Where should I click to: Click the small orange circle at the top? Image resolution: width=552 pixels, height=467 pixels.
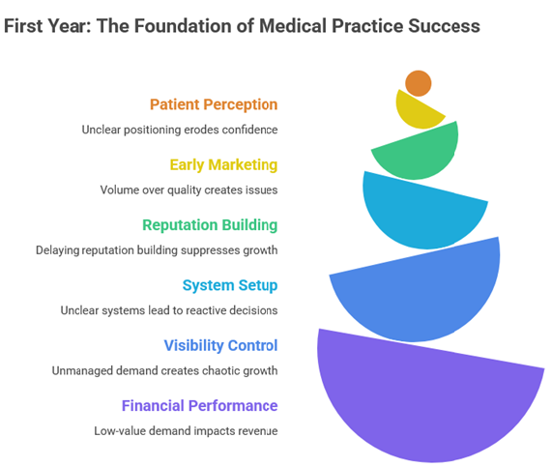(x=419, y=83)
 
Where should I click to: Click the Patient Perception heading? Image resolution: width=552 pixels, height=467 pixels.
(x=214, y=104)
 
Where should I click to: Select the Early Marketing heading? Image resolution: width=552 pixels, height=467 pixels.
(x=223, y=164)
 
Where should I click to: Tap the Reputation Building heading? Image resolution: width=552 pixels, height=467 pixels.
(x=210, y=225)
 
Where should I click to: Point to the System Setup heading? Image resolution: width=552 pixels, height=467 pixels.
(x=230, y=285)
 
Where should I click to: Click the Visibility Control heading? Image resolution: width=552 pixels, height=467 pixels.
(x=220, y=345)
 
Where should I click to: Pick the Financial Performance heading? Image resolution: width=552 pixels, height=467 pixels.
(x=199, y=405)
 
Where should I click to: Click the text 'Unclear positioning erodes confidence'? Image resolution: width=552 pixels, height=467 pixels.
(x=180, y=130)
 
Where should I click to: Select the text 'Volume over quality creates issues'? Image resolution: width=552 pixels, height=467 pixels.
(x=189, y=190)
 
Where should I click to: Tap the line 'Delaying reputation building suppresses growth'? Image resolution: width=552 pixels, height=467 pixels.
(x=157, y=249)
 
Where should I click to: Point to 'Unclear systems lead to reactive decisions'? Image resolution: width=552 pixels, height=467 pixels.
(x=169, y=310)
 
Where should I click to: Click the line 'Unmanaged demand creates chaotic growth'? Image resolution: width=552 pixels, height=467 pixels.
(x=164, y=370)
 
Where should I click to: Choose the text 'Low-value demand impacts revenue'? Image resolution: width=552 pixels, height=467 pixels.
(x=186, y=430)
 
